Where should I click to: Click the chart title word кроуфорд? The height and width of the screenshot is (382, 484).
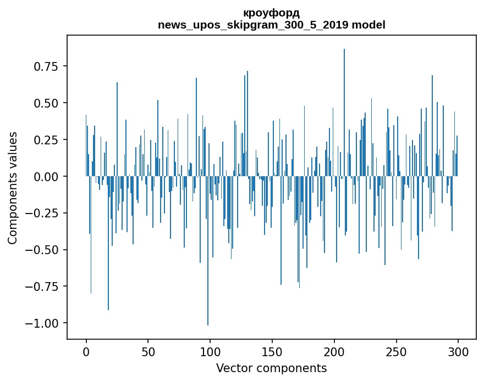pos(271,13)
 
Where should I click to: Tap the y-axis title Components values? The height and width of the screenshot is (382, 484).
pos(13,188)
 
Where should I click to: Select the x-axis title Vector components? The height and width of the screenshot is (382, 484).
pos(271,368)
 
